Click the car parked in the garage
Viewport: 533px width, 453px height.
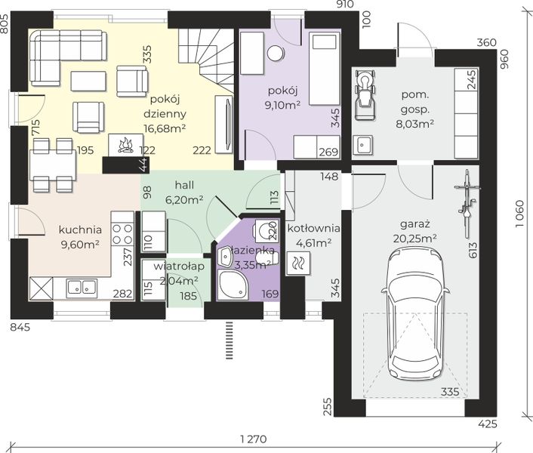(415, 315)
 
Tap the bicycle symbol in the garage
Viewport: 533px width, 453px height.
(467, 203)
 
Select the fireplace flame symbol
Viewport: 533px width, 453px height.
(125, 145)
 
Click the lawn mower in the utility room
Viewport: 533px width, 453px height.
(365, 94)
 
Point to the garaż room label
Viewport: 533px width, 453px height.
(415, 224)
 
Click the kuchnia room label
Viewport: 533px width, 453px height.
(80, 230)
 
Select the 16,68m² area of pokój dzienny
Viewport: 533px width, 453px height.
(165, 128)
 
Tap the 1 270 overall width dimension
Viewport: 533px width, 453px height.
(254, 439)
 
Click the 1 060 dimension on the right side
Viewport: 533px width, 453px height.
(519, 214)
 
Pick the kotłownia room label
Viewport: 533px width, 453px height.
(314, 228)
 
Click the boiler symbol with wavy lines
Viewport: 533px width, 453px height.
(298, 263)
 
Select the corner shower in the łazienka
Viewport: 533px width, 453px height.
(233, 285)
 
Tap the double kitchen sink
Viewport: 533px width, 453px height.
(82, 286)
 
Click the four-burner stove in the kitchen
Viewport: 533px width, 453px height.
(123, 233)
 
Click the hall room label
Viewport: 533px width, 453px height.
(184, 185)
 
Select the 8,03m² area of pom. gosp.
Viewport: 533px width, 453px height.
(414, 124)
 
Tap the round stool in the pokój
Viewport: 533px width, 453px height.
(276, 54)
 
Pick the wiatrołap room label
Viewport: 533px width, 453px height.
(179, 266)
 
